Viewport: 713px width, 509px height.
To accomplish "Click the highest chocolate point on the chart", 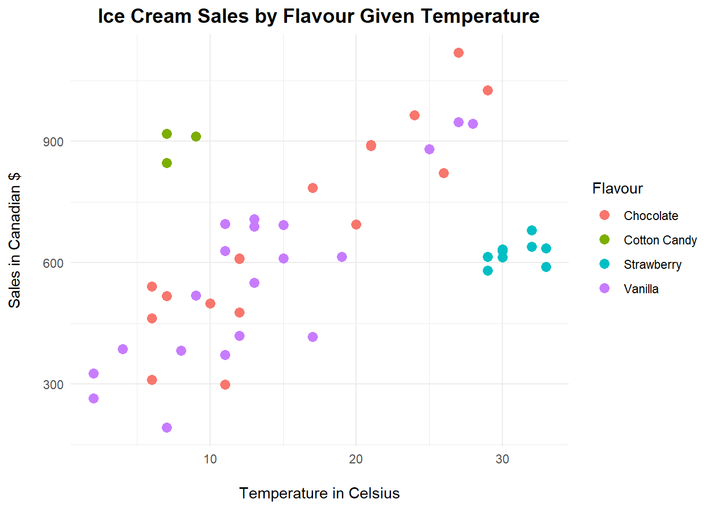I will pos(458,52).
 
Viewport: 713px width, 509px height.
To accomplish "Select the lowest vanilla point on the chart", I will pos(167,427).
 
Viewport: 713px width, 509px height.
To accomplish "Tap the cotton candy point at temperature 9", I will pos(196,136).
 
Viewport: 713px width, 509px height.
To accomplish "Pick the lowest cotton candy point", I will pos(167,163).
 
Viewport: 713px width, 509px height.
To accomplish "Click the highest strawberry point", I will pos(532,230).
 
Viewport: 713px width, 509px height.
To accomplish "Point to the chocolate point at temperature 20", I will pos(356,224).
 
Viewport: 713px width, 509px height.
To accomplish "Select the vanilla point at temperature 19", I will pos(342,257).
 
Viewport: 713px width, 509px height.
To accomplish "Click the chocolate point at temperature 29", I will pos(488,90).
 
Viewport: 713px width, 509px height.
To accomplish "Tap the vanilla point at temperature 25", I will pos(429,149).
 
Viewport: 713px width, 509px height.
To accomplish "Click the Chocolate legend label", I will pos(650,216).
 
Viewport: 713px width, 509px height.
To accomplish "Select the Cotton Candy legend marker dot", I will pos(604,240).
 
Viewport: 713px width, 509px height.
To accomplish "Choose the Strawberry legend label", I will pos(652,265).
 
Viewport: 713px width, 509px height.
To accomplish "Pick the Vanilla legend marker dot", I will pos(604,288).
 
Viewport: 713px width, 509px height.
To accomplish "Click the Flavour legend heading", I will pos(617,188).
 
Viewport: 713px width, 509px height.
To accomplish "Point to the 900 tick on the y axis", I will pos(53,142).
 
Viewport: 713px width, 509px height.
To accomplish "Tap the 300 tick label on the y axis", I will pos(53,384).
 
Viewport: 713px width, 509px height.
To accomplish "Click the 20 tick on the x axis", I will pos(356,459).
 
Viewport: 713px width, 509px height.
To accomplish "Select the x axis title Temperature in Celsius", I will pos(319,493).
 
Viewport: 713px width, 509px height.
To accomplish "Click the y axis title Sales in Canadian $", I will pos(14,240).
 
